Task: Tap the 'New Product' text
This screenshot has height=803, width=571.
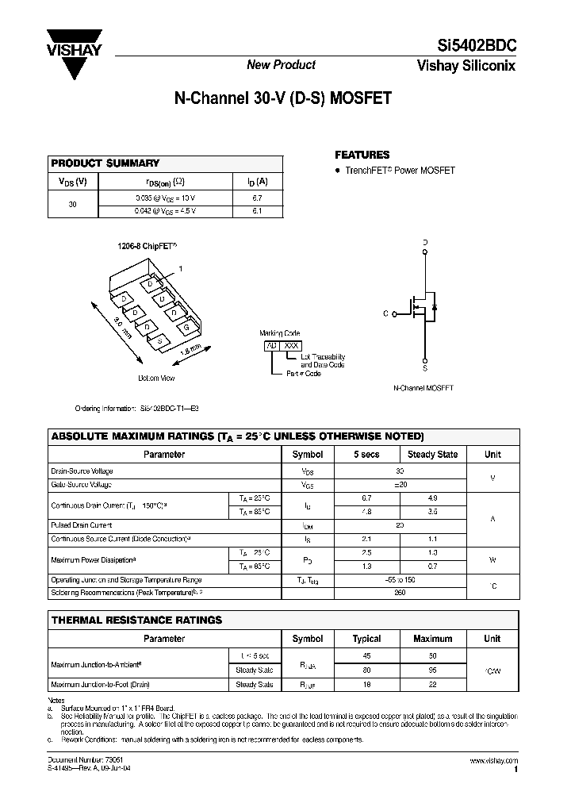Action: pyautogui.click(x=282, y=65)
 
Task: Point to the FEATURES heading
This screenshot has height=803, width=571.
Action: pyautogui.click(x=362, y=156)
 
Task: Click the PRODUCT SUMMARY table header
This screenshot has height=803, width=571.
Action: pyautogui.click(x=105, y=163)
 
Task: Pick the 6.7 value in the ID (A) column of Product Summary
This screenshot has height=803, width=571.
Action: pyautogui.click(x=256, y=198)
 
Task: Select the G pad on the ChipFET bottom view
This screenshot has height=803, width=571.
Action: pyautogui.click(x=186, y=326)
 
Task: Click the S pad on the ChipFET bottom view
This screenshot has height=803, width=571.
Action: pyautogui.click(x=160, y=341)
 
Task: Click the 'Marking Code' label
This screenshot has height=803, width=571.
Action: pyautogui.click(x=279, y=333)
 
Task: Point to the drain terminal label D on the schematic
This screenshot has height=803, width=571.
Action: pyautogui.click(x=425, y=242)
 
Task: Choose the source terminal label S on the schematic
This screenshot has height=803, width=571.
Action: pyautogui.click(x=425, y=368)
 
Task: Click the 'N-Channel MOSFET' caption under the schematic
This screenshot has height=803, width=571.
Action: pyautogui.click(x=423, y=389)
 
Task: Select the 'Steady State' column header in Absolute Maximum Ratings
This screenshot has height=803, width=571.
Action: pyautogui.click(x=432, y=455)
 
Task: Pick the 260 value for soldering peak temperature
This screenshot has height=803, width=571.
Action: pyautogui.click(x=400, y=593)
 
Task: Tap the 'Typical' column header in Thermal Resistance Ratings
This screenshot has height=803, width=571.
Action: pyautogui.click(x=366, y=639)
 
